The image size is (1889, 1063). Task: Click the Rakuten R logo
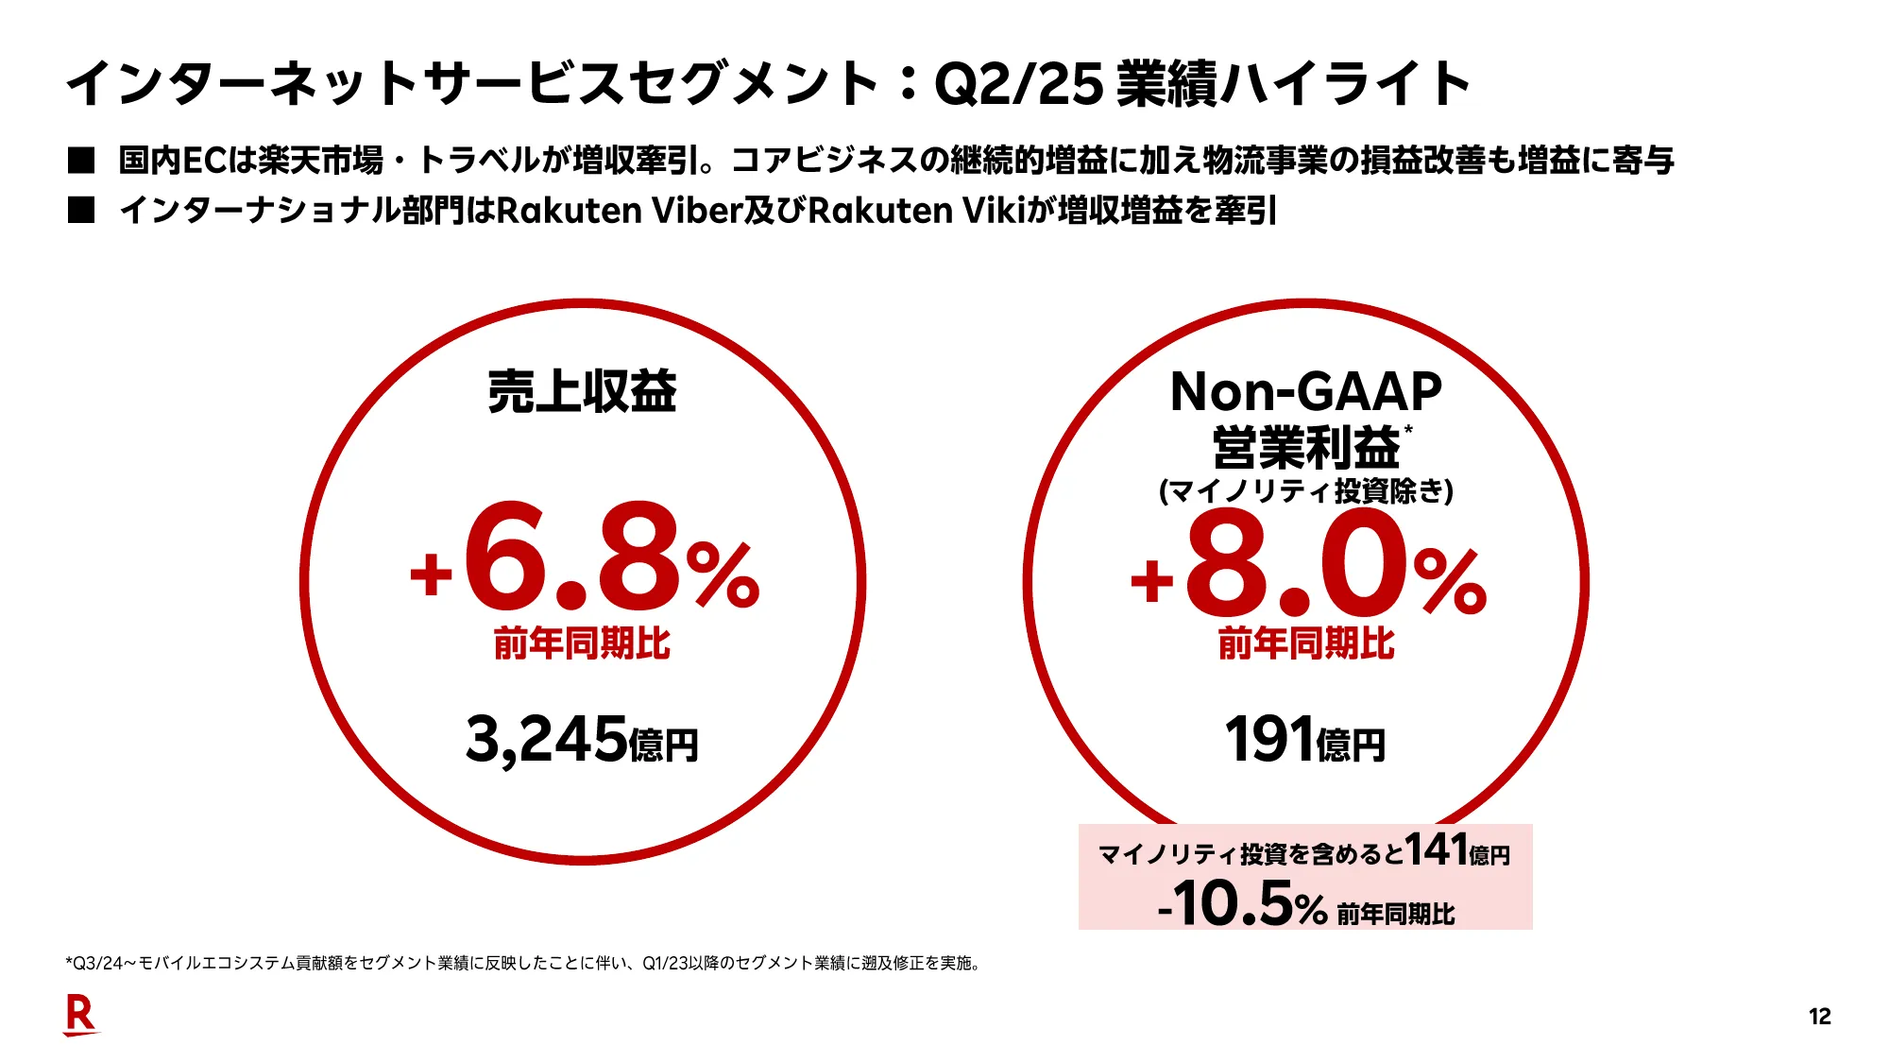pos(80,1015)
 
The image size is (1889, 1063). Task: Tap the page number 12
pos(1819,1017)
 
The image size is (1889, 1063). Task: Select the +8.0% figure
pos(1308,564)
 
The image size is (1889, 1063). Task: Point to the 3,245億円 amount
pos(582,740)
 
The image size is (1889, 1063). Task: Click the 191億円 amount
pos(1304,740)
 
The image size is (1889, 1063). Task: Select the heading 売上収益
pos(582,391)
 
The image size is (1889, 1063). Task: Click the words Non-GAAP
pos(1305,391)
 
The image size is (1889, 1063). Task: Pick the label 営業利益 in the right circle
pos(1305,447)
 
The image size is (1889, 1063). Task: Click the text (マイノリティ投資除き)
pos(1305,490)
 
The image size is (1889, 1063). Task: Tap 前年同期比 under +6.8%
pos(582,643)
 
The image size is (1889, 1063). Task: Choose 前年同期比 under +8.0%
pos(1305,643)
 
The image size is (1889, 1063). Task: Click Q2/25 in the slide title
pos(1018,83)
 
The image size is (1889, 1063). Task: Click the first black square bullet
pos(81,160)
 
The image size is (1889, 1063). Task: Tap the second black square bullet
pos(81,210)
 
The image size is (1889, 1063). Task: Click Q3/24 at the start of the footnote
pos(97,963)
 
